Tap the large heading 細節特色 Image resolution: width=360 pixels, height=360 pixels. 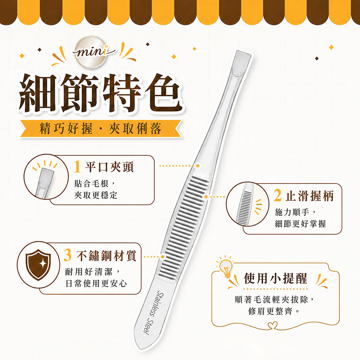100,93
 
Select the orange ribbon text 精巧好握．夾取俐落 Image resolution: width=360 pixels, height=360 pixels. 100,128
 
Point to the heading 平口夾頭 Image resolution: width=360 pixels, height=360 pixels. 109,167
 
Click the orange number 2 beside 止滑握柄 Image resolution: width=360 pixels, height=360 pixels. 278,195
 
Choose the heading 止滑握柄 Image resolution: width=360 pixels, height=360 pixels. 310,196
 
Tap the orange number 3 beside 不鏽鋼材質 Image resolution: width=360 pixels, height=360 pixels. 68,255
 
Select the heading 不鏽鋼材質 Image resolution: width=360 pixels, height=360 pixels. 107,256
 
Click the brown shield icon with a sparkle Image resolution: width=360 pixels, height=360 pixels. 38,265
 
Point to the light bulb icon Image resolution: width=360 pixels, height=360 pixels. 226,268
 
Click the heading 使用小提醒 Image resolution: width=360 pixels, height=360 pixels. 275,278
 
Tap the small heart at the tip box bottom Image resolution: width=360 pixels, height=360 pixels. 273,325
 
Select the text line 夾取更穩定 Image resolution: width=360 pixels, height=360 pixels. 96,195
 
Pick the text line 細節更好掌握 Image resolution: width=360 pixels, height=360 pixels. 300,224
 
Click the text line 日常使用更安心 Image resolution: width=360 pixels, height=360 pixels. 96,283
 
